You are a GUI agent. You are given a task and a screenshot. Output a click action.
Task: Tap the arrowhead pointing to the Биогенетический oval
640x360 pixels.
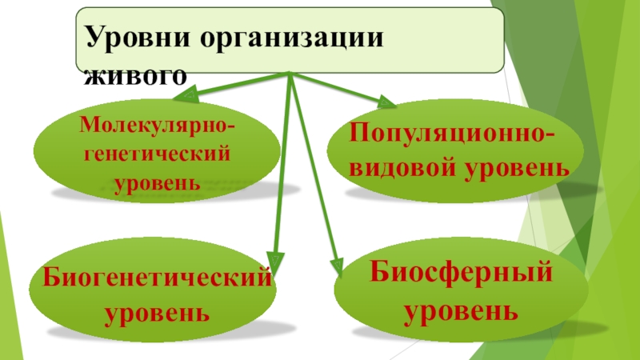[275, 262]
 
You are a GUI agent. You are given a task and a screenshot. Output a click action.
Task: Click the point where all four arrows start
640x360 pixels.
[289, 74]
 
